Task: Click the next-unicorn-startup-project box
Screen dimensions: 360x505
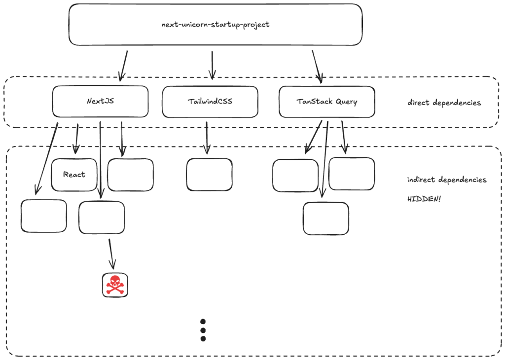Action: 215,25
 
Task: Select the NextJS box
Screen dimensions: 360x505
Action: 100,102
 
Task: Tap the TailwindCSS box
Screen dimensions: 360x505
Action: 210,102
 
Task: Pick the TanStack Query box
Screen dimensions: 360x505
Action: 326,102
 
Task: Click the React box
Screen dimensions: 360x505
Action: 74,175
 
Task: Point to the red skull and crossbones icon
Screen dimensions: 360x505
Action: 115,285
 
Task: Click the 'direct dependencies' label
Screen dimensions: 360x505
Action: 444,103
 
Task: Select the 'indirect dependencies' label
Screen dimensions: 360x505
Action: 447,180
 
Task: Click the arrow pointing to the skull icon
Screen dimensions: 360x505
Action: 111,254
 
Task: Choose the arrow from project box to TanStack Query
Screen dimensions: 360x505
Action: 317,66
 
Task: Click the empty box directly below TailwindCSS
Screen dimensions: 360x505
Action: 209,175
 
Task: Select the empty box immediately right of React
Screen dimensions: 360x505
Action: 130,175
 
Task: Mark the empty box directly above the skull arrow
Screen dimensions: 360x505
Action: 102,217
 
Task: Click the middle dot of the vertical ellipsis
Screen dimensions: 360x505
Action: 203,330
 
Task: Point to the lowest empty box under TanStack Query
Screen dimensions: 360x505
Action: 325,218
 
